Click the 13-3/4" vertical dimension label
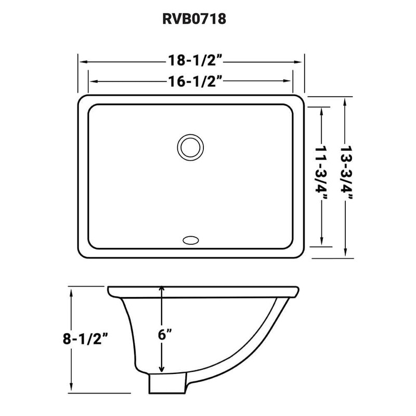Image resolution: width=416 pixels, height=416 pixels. coord(345,177)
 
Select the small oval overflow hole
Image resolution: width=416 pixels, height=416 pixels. coord(190,240)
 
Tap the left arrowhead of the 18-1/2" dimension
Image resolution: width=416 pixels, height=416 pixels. coord(82,61)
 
